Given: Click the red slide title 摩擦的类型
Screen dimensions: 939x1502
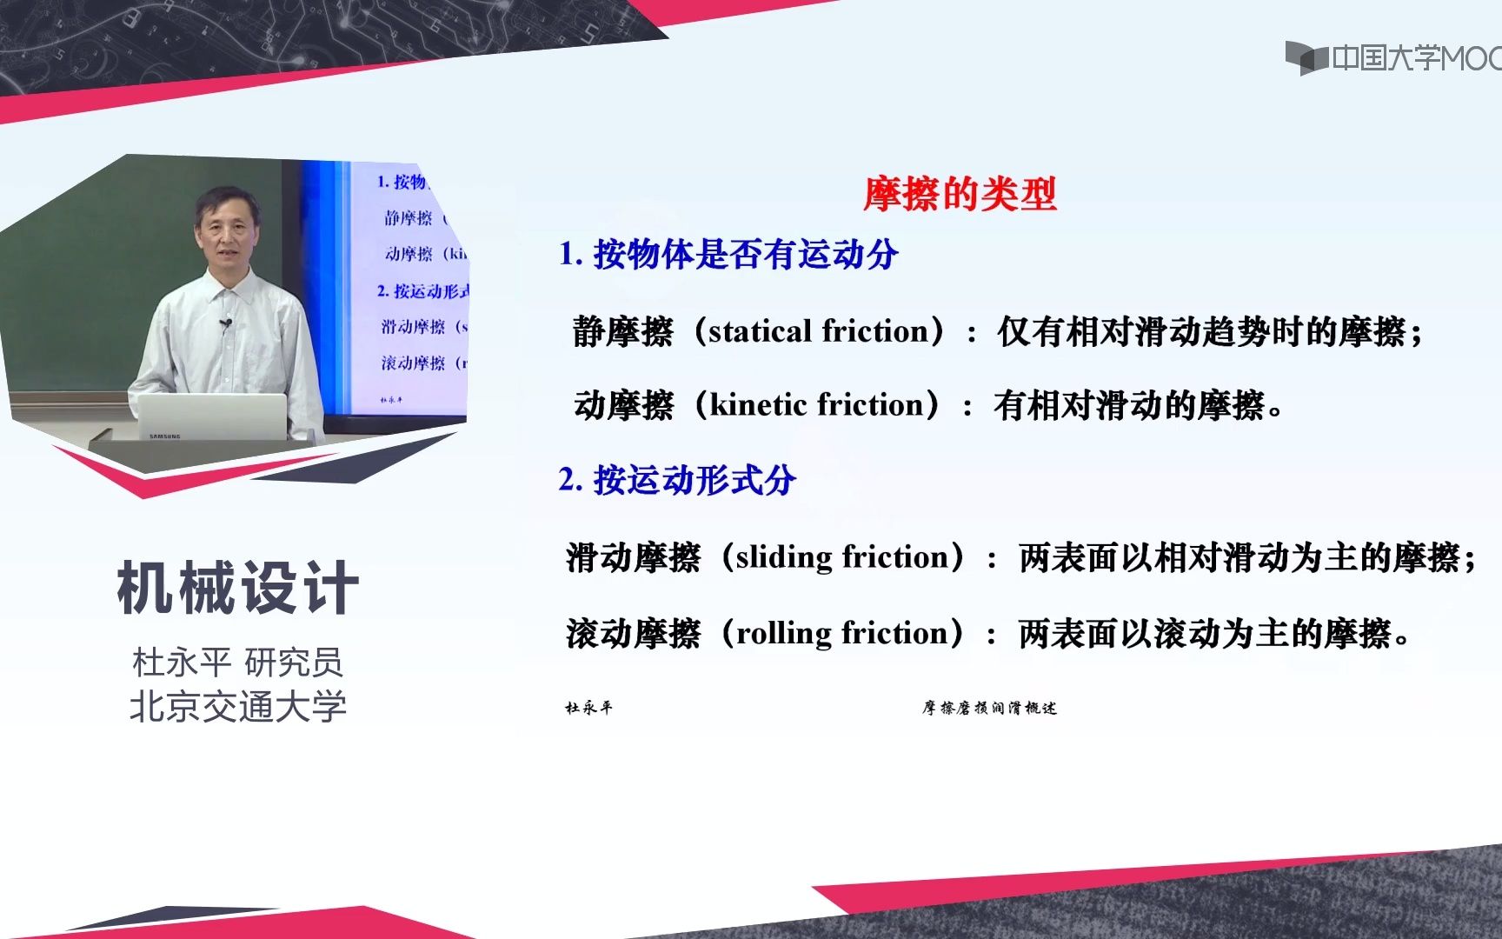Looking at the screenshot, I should [960, 194].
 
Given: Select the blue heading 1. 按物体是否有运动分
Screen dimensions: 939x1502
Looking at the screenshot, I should [728, 255].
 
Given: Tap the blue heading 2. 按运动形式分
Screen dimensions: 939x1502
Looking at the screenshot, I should [677, 480].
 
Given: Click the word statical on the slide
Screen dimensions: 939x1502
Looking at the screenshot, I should [761, 331].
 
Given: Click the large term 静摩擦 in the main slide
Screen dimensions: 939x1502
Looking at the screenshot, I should [622, 331].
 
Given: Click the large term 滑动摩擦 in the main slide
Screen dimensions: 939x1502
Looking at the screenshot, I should [633, 557].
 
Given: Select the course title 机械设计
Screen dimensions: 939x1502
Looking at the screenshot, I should [237, 589].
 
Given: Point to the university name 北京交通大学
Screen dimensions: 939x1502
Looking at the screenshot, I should [237, 706].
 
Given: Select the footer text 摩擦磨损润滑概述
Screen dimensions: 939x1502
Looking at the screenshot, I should [989, 708].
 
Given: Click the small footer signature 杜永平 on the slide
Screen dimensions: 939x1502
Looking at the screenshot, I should [588, 708].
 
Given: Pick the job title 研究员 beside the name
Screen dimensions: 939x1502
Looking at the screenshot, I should [294, 663].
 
